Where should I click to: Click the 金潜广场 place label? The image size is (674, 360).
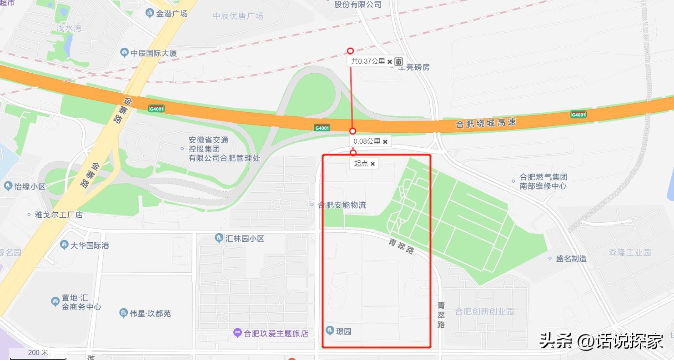171,14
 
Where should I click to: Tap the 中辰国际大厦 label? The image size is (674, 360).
153,53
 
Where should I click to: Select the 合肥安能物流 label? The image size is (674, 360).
342,205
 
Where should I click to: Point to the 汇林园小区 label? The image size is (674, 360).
244,238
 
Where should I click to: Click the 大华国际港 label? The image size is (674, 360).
89,245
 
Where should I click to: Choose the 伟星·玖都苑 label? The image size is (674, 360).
150,313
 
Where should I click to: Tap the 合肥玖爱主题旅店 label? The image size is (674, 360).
276,333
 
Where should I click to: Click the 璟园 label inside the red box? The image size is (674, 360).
343,331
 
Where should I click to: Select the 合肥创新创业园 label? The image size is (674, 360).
484,311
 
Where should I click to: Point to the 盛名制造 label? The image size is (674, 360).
571,258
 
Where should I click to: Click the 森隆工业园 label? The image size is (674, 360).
630,252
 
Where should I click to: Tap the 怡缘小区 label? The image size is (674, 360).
30,186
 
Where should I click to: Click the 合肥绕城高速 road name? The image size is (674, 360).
486,122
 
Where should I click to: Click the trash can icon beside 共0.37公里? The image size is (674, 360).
398,61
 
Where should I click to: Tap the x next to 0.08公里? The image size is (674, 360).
385,142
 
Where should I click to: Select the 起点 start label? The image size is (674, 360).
361,163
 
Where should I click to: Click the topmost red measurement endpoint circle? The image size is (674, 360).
350,51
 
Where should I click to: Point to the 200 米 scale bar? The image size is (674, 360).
38,353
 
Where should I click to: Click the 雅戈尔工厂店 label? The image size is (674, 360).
59,215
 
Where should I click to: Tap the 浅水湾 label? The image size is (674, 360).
69,28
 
